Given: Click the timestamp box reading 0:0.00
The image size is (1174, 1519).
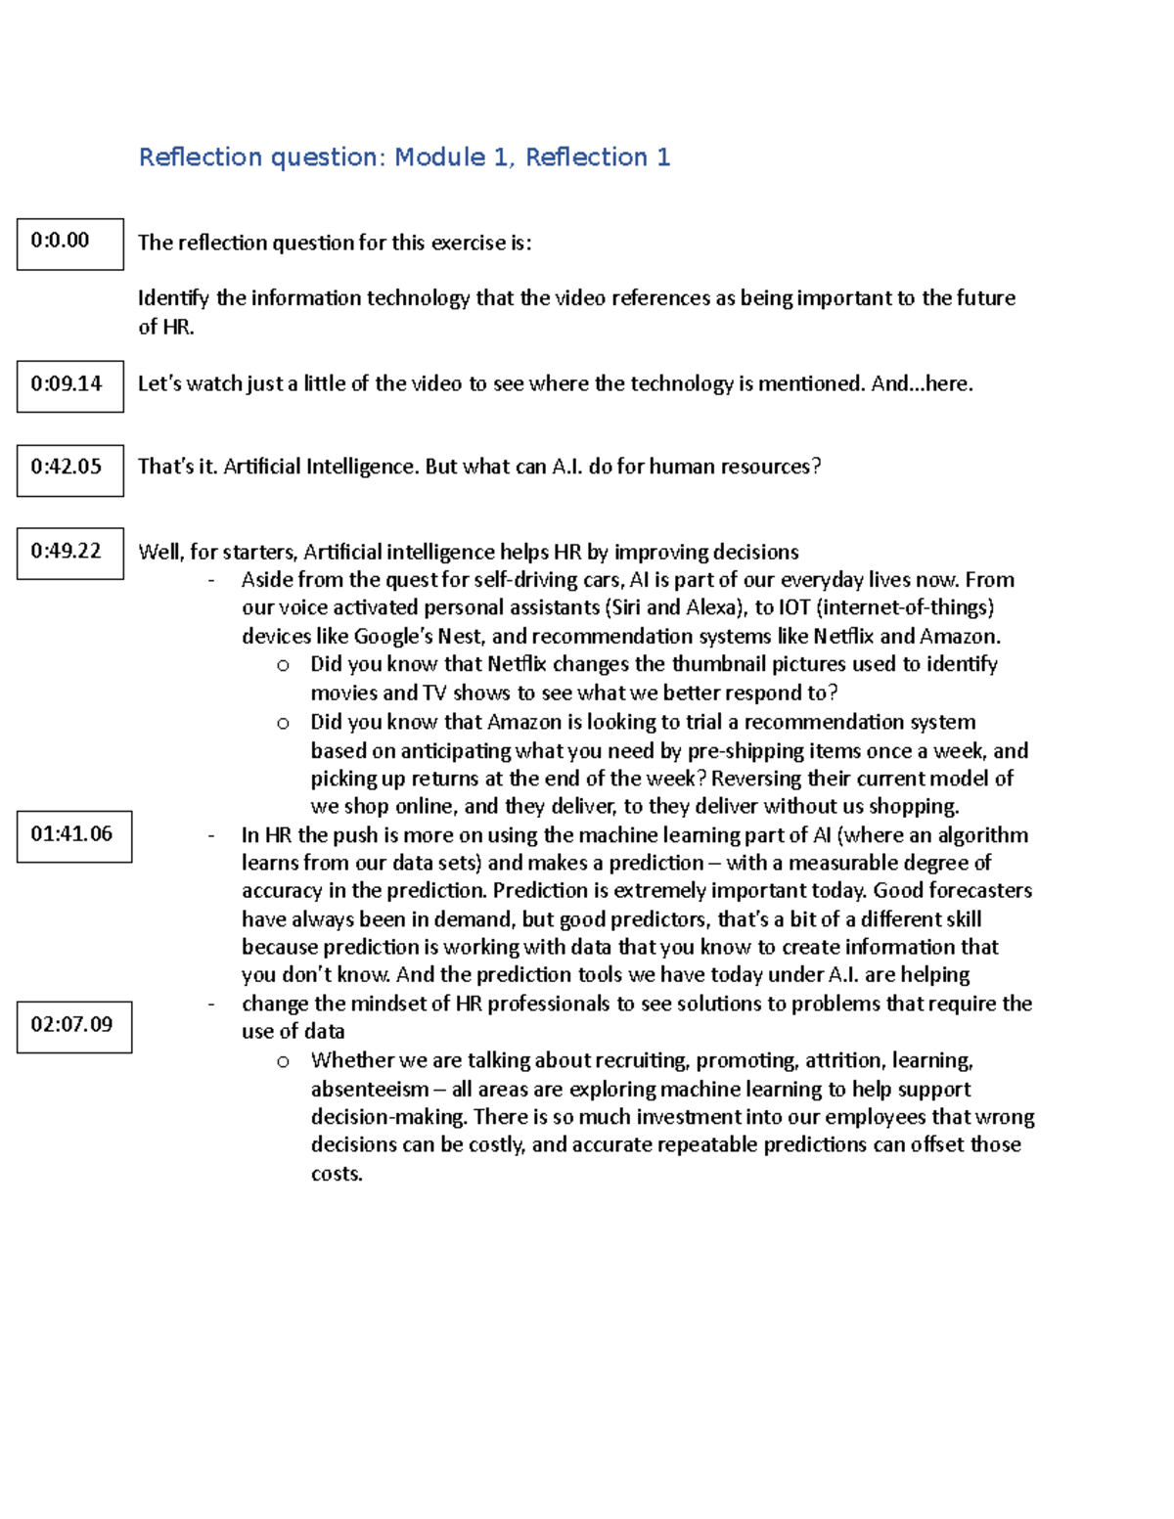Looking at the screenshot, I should pyautogui.click(x=69, y=244).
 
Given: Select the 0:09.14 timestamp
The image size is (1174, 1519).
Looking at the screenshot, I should pyautogui.click(x=69, y=385).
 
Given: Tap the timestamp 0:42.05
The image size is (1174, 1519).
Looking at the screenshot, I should pyautogui.click(x=69, y=469).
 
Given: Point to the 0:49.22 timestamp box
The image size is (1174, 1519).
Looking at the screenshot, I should pyautogui.click(x=69, y=553).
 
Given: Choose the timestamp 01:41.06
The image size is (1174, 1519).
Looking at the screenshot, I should pyautogui.click(x=73, y=835).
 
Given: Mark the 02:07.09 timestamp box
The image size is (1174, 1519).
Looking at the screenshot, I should pyautogui.click(x=73, y=1026).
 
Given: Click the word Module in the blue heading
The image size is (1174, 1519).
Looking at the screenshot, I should pyautogui.click(x=439, y=157).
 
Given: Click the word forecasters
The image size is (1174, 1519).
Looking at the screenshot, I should pyautogui.click(x=979, y=890).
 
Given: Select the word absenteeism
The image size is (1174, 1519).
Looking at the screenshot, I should pyautogui.click(x=369, y=1089).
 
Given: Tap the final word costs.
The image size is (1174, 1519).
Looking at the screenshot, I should pyautogui.click(x=336, y=1174).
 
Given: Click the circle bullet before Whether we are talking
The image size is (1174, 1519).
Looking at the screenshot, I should pyautogui.click(x=283, y=1061).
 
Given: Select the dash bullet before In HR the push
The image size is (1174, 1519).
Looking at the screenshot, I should pyautogui.click(x=211, y=835).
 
